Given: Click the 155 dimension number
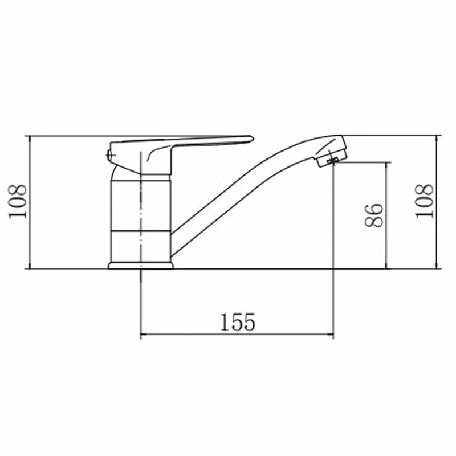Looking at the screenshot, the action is pos(238,322).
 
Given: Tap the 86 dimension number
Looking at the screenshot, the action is pos(374,215).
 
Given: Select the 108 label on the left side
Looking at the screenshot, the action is pos(17,201).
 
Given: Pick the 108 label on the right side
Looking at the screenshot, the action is pos(424,201).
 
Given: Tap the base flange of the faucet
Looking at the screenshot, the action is pos(141,266).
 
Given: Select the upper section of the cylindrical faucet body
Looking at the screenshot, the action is pos(141,205).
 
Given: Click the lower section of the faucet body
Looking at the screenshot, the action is pos(141,247).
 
